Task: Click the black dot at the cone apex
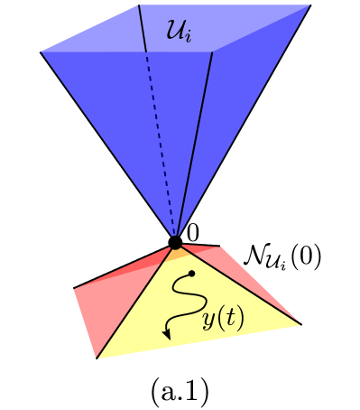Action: (x=175, y=242)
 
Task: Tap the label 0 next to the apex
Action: (x=193, y=232)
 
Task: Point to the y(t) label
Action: (x=222, y=321)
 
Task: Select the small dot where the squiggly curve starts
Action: (x=192, y=272)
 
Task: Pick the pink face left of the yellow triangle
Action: (x=99, y=303)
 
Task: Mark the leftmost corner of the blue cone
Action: (x=41, y=51)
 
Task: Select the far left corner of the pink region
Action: (x=73, y=288)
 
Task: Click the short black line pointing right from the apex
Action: (x=203, y=244)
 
